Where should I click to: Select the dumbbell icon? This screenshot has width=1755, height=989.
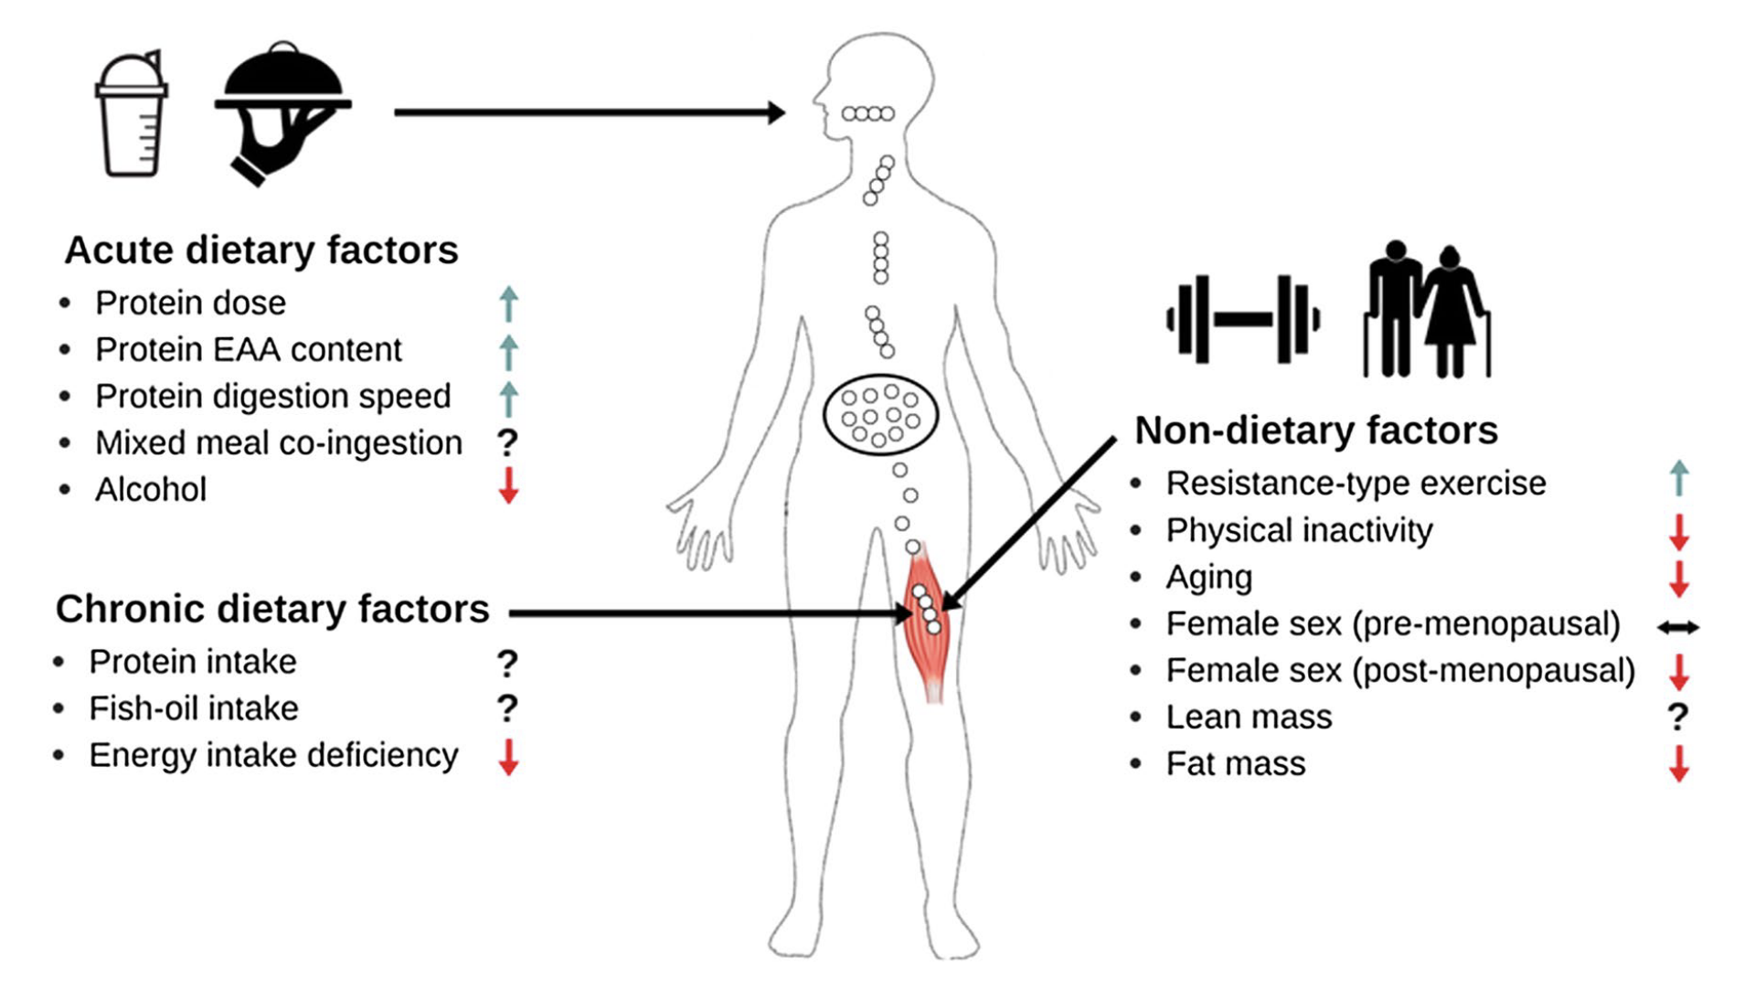(x=1243, y=319)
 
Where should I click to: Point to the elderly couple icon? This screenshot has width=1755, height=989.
(x=1426, y=311)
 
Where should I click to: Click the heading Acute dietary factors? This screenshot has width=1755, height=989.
(x=261, y=250)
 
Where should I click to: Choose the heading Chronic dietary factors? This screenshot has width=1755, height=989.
(x=272, y=609)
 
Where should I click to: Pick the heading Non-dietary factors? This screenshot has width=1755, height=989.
(x=1315, y=431)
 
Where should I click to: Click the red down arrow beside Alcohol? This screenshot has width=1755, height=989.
(x=509, y=485)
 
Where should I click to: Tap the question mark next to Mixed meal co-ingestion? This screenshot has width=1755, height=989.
(x=507, y=443)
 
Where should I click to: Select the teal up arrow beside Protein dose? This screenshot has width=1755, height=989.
(x=509, y=303)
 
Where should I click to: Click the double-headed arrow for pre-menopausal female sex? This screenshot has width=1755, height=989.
(x=1678, y=627)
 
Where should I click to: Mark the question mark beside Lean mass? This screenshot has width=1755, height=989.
(x=1677, y=718)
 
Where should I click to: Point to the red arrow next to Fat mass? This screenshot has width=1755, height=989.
(x=1678, y=763)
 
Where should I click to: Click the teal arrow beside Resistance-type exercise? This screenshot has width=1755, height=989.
(x=1678, y=478)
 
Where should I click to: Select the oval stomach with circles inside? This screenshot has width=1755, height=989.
(x=880, y=416)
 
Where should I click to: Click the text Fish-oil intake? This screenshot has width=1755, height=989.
(x=194, y=708)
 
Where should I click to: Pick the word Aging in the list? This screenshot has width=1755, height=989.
(x=1208, y=578)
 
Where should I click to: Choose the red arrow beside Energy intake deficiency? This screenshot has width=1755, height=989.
(x=509, y=757)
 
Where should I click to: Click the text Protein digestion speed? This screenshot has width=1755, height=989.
(x=272, y=397)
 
